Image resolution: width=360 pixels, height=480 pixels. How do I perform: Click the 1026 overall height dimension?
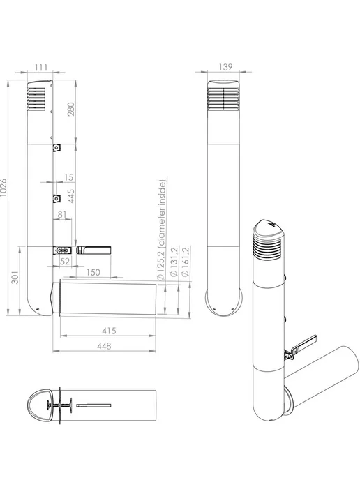pyautogui.click(x=3, y=188)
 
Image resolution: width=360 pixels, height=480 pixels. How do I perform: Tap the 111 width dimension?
pyautogui.click(x=41, y=68)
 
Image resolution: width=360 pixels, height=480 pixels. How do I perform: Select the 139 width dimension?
pyautogui.click(x=225, y=67)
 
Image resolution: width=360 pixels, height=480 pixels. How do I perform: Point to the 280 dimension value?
pyautogui.click(x=70, y=110)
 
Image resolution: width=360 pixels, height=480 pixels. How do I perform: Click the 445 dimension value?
pyautogui.click(x=70, y=196)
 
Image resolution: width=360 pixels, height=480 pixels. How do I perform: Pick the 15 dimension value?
pyautogui.click(x=69, y=177)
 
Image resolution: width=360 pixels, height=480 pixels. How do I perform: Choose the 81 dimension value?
pyautogui.click(x=62, y=214)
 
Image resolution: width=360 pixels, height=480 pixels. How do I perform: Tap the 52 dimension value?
pyautogui.click(x=65, y=261)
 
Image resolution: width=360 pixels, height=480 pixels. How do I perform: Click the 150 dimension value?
pyautogui.click(x=93, y=272)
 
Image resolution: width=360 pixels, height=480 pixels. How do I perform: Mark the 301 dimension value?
pyautogui.click(x=15, y=278)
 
